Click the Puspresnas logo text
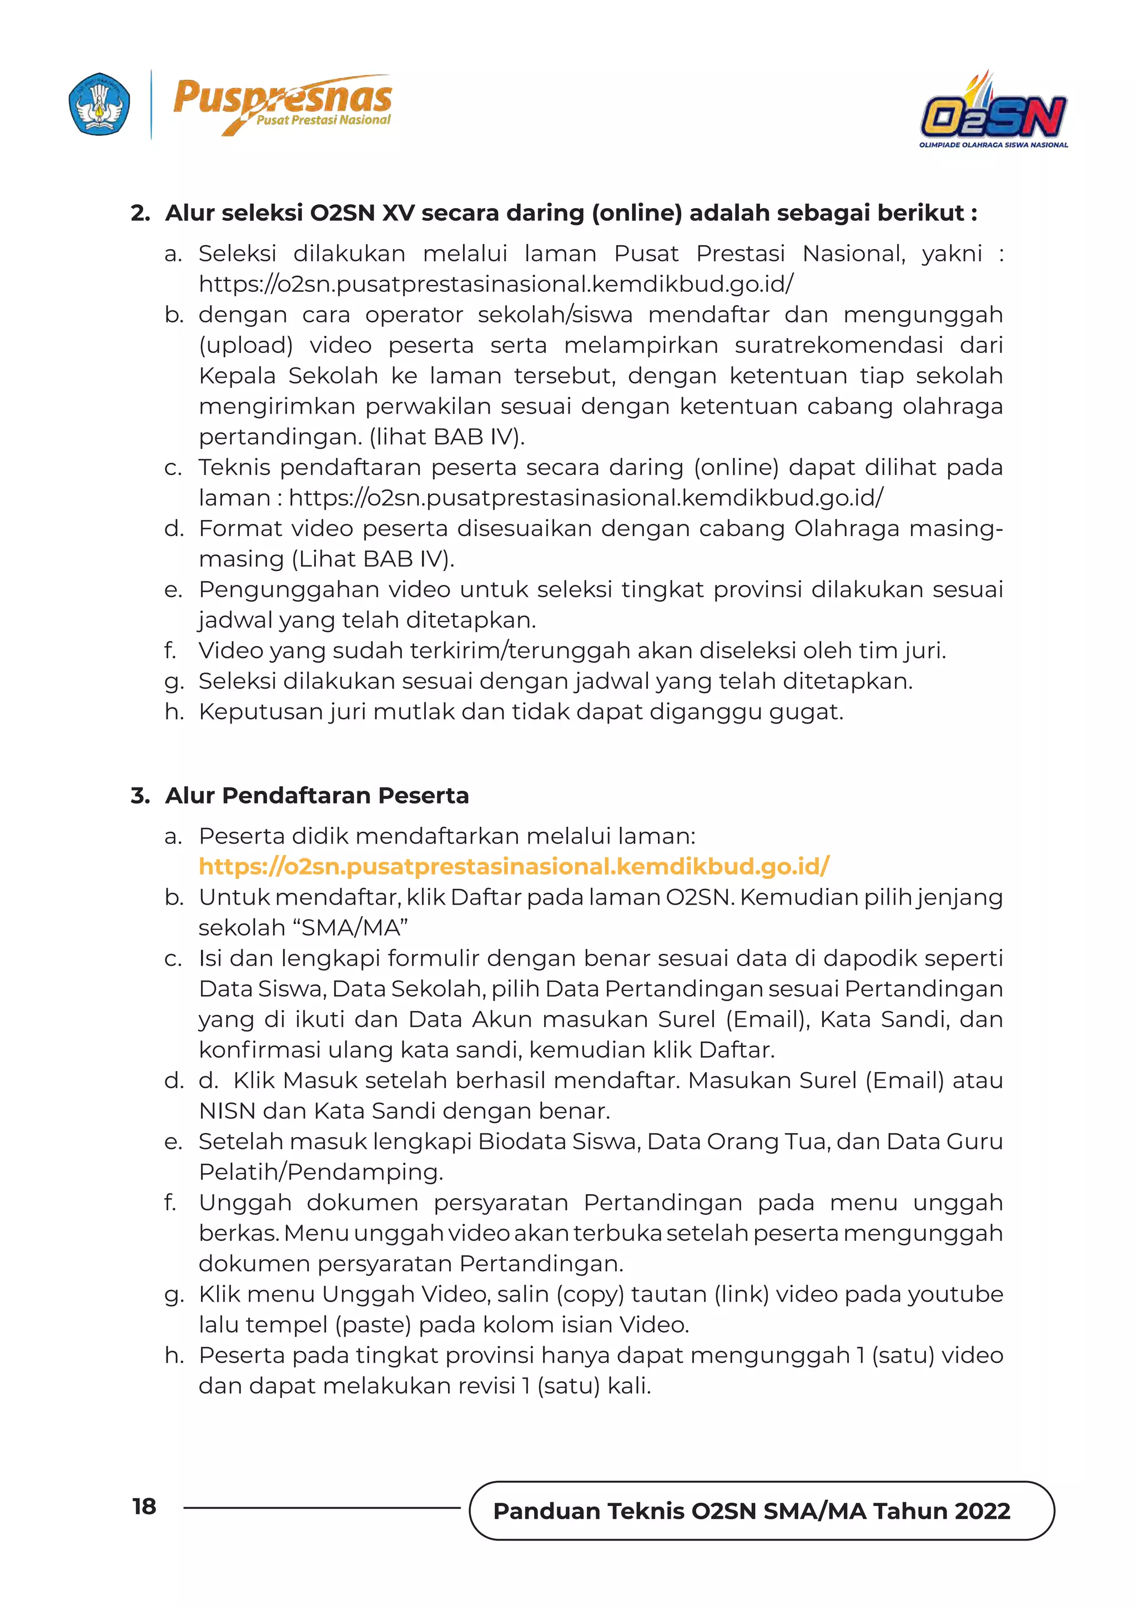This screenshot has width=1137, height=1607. (282, 98)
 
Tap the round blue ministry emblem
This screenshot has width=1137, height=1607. (99, 104)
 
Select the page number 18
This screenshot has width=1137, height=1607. (144, 1506)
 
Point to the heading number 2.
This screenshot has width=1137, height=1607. (140, 213)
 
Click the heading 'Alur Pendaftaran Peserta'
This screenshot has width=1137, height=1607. (316, 796)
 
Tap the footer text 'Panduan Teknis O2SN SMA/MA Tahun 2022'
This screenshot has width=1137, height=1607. (751, 1510)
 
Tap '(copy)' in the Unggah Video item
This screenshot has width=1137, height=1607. (590, 1295)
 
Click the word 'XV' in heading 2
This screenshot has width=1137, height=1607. (399, 213)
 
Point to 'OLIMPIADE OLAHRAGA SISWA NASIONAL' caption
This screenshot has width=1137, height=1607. (993, 145)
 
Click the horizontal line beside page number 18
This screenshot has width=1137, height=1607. (322, 1508)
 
